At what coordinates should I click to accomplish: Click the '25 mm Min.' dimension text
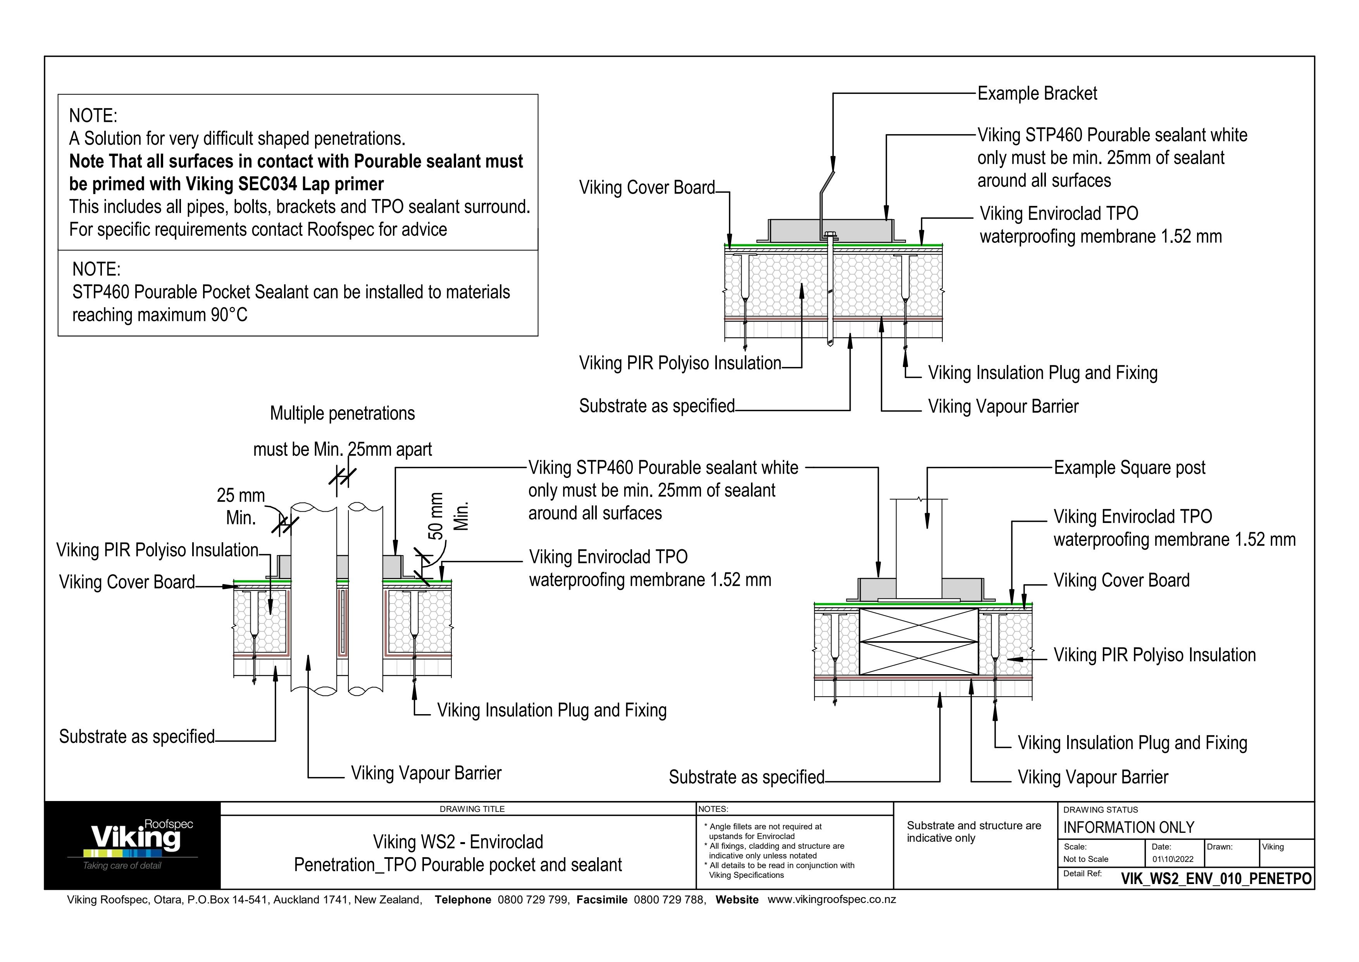point(241,507)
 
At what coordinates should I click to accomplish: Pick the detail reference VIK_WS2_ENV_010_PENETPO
point(1216,879)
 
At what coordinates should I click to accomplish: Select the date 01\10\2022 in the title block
point(1173,859)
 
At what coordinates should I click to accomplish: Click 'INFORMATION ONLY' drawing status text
point(1129,827)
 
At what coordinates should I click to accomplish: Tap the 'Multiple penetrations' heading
point(342,414)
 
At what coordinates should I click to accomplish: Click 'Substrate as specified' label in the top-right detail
point(656,407)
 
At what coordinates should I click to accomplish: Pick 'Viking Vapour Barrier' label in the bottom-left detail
point(426,773)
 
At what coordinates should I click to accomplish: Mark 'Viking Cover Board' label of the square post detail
point(1121,581)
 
